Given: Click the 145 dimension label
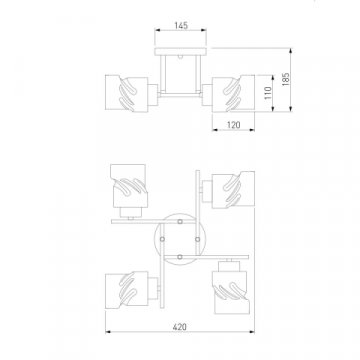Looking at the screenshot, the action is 181,25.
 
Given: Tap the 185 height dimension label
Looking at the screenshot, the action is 286,79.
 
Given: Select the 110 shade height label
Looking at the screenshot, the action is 268,93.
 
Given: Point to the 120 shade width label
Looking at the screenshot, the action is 233,125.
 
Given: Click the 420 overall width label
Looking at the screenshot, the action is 180,327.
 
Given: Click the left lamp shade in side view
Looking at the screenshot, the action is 127,93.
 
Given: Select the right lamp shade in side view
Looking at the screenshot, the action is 233,93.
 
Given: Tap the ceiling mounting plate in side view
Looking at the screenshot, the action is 180,52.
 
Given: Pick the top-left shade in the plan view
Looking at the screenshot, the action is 129,186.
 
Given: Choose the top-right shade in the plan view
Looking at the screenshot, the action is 233,190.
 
